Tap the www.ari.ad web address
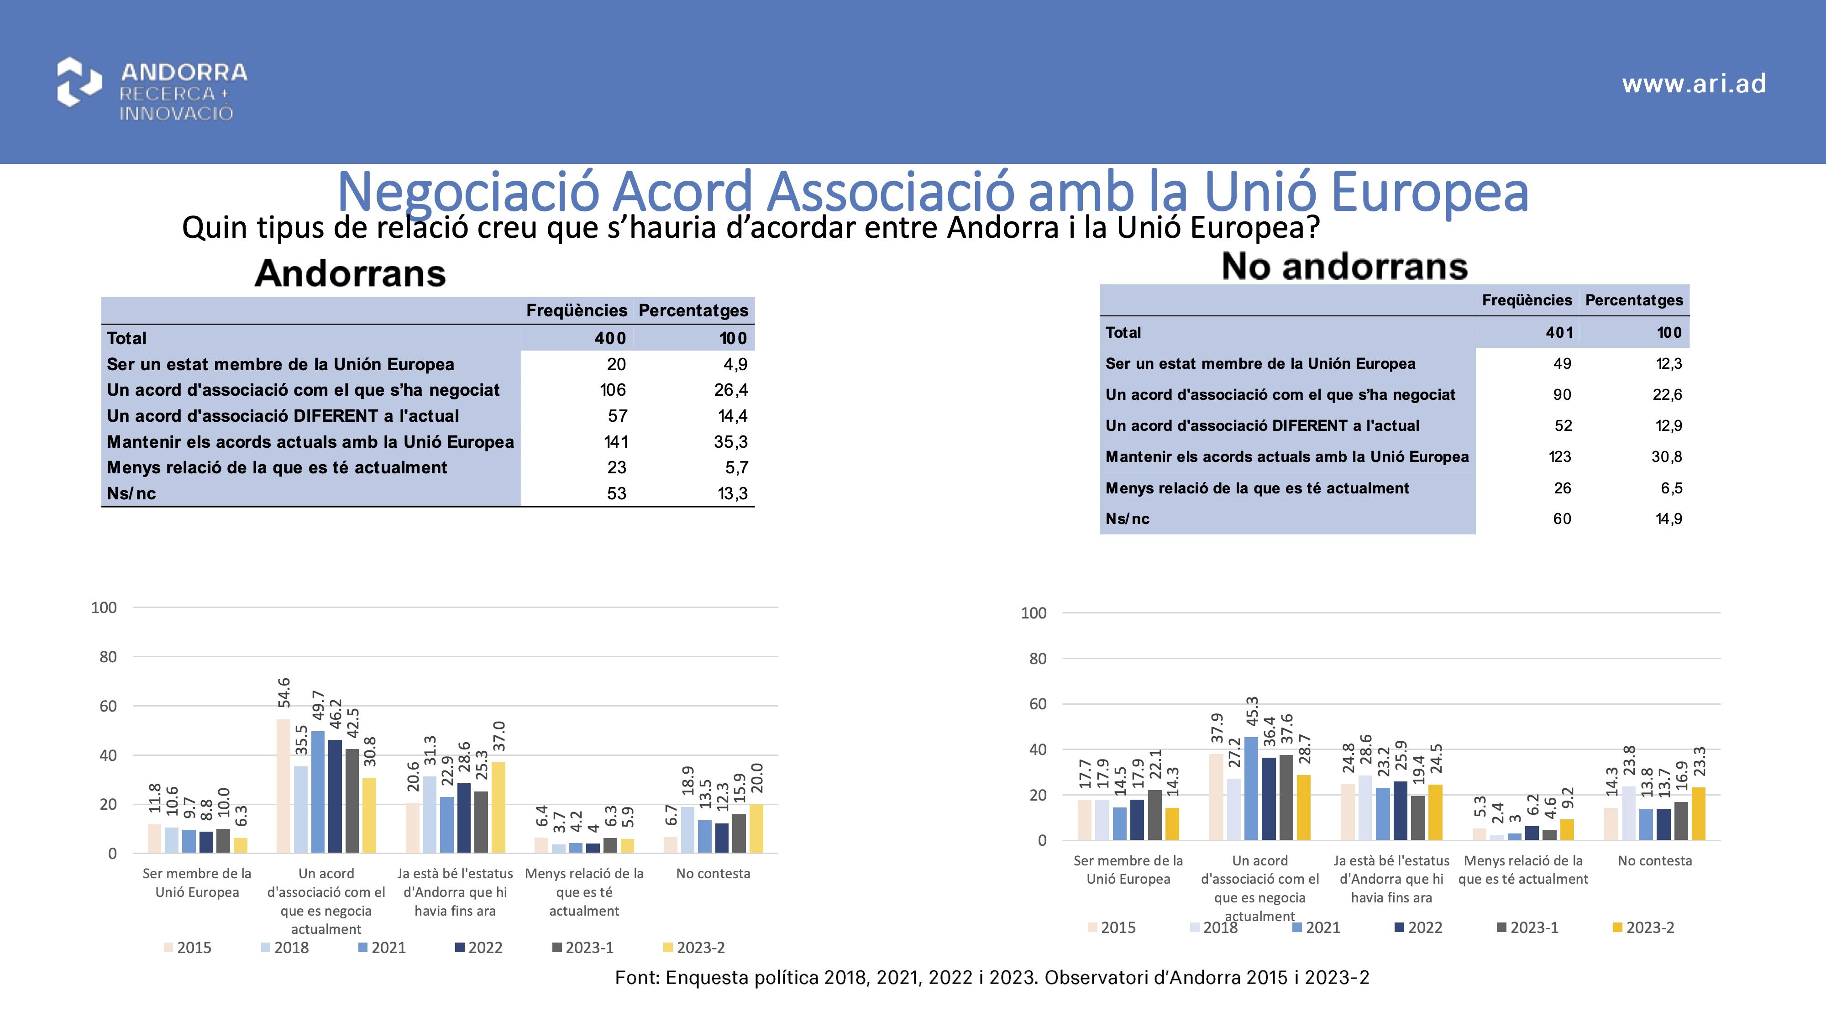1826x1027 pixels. (x=1694, y=84)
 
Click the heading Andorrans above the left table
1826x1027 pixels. (x=350, y=273)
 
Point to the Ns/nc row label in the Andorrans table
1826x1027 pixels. (x=131, y=494)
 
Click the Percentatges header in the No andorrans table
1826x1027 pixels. (x=1633, y=300)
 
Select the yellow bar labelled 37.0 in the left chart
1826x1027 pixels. (x=498, y=807)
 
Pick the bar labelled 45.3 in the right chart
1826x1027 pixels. (x=1252, y=788)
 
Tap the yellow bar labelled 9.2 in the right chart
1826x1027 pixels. (x=1567, y=829)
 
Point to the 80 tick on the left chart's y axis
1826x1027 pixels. (x=108, y=657)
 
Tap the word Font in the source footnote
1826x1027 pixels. (x=636, y=978)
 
